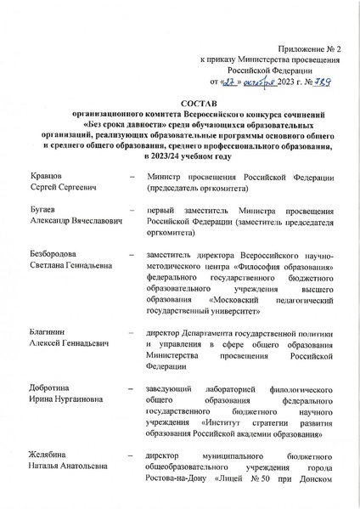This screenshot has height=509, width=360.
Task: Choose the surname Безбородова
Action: (55, 254)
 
